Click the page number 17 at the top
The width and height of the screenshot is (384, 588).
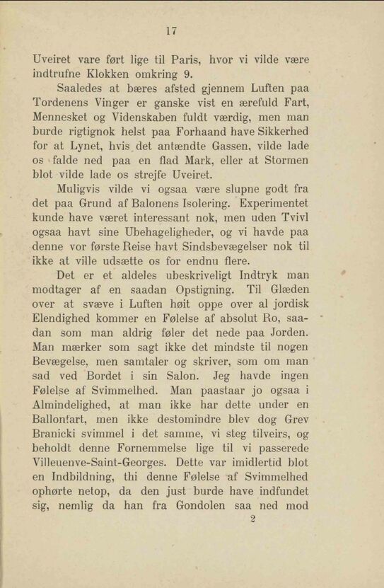click(170, 30)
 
